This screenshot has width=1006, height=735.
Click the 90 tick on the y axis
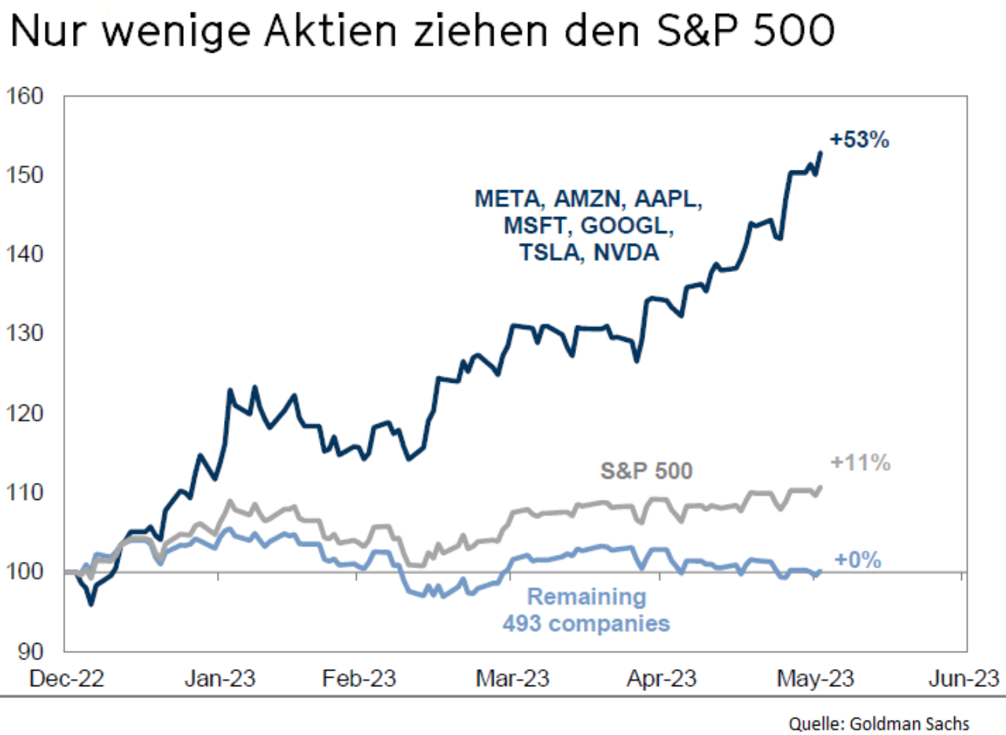coord(31,652)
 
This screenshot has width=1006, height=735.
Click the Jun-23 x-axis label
coord(966,678)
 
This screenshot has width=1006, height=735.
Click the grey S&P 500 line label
coord(647,472)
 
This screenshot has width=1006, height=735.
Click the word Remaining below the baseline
coord(586,597)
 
